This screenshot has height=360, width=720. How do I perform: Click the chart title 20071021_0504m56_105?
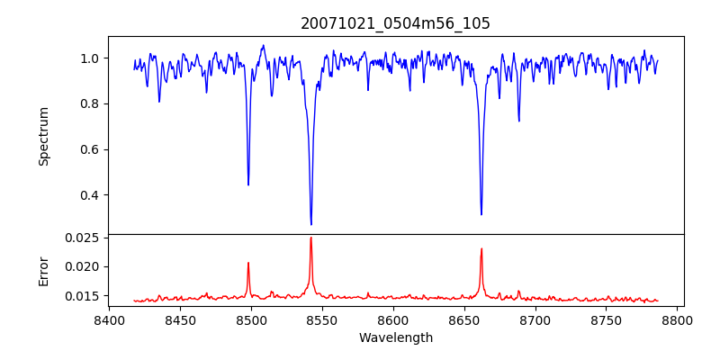[x=395, y=23]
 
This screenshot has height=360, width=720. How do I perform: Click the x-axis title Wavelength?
[x=395, y=338]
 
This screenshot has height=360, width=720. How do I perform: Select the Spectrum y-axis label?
[x=43, y=136]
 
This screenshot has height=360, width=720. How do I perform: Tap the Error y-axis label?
[x=43, y=270]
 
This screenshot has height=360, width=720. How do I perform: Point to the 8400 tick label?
[x=109, y=319]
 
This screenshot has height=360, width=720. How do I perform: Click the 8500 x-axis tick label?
[x=251, y=319]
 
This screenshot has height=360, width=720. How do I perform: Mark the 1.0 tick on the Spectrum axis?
[x=90, y=58]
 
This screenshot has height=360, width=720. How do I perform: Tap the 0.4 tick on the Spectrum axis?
[x=90, y=195]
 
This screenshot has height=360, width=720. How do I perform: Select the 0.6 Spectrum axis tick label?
[x=90, y=149]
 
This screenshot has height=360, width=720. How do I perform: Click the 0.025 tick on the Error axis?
[x=83, y=238]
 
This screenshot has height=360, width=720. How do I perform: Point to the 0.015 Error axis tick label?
[x=83, y=296]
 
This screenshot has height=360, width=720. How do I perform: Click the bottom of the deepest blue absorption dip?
[x=311, y=224]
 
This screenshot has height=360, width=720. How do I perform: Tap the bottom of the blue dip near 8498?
[x=248, y=184]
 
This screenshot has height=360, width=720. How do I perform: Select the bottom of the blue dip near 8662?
[x=481, y=214]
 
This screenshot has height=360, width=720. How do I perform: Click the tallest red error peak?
[x=311, y=238]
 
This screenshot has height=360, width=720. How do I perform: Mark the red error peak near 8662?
[x=481, y=249]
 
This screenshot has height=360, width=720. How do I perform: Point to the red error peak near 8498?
[x=248, y=263]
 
